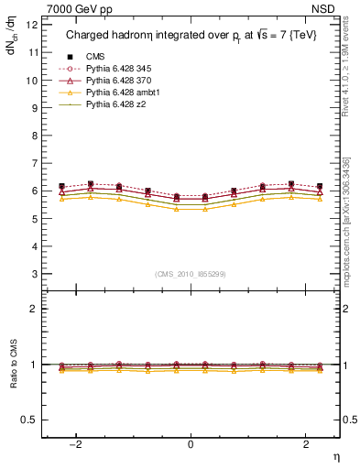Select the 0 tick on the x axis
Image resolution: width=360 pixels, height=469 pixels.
(191, 444)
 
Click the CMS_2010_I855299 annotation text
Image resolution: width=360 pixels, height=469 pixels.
(191, 274)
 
